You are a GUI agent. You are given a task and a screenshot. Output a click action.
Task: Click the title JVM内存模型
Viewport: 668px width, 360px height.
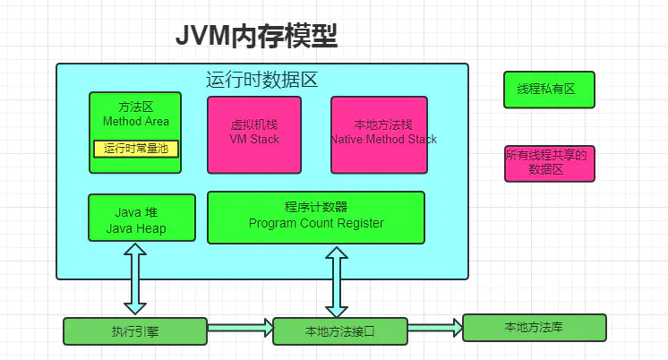coord(256,36)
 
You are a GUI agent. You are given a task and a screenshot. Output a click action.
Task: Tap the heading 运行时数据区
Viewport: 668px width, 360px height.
coord(261,79)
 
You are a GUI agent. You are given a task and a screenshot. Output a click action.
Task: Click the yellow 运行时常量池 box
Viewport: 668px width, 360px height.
coord(136,149)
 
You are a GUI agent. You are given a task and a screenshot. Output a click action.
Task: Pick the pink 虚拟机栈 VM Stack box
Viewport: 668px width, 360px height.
coord(254,134)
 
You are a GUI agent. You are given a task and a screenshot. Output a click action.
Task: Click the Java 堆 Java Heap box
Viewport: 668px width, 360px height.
coord(141,218)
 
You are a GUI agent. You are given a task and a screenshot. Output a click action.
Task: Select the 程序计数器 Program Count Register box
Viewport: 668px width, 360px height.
coord(316,217)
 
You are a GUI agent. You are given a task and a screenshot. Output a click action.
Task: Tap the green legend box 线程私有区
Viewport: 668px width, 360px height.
coord(549,90)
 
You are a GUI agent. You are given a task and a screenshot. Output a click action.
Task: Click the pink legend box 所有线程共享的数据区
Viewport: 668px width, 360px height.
coord(549,163)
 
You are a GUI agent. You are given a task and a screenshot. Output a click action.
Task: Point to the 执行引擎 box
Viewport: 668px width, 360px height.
coord(135,330)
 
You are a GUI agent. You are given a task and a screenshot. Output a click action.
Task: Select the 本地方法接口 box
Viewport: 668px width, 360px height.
coord(340,331)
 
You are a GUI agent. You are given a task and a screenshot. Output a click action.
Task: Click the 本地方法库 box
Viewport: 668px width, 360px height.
coord(534,327)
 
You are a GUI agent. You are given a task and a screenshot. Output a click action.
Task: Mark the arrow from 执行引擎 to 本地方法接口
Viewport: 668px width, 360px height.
coord(240,329)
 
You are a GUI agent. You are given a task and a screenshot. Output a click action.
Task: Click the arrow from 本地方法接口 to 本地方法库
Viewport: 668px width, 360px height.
coord(435,328)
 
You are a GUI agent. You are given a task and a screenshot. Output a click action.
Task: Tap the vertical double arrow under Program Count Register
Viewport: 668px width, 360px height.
coord(337,281)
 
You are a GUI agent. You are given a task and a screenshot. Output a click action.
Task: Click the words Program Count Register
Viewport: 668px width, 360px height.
coord(316,224)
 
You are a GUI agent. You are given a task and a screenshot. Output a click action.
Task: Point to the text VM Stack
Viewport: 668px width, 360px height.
coord(254,140)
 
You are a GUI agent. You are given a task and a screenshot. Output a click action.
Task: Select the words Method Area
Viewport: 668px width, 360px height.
coord(135,121)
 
